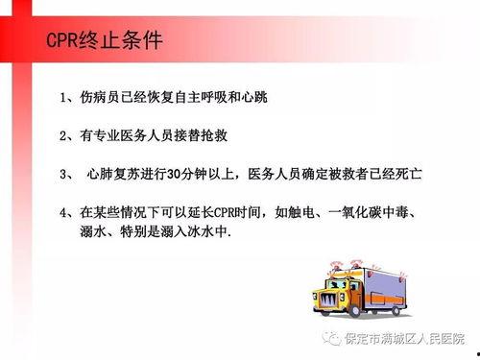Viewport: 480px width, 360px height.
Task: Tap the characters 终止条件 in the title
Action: tap(123, 43)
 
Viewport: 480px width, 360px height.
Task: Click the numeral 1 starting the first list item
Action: tap(62, 99)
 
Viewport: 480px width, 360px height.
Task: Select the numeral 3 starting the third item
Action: tap(62, 175)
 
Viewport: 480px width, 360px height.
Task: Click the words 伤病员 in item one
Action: tap(100, 99)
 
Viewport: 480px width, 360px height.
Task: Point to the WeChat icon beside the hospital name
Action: tap(330, 337)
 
